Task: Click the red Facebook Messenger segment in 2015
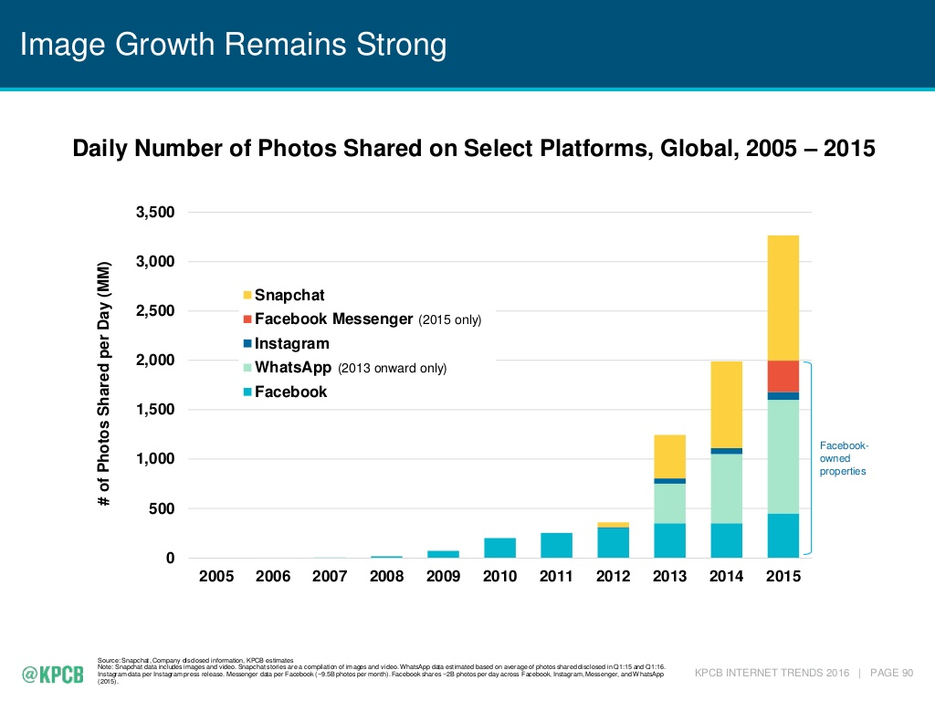(783, 376)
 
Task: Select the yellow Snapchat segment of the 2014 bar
(727, 404)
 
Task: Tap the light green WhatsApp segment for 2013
(670, 503)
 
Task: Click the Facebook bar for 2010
(500, 548)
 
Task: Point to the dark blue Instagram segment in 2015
(783, 396)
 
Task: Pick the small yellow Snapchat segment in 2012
(614, 524)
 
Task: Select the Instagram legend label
(291, 344)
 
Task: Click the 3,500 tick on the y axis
(154, 213)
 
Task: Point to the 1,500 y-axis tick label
(154, 410)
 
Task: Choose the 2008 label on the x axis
(386, 577)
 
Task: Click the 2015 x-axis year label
(783, 577)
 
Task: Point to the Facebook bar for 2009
(444, 553)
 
